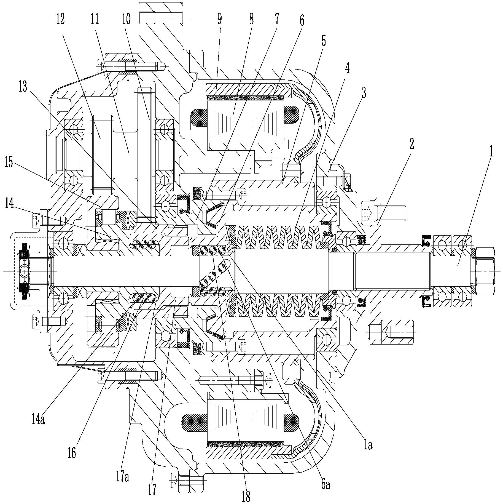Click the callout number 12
[x=60, y=19]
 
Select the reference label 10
[x=127, y=19]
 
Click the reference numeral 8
[x=251, y=19]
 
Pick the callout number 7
[x=277, y=19]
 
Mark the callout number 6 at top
[x=301, y=19]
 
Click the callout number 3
[x=364, y=94]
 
